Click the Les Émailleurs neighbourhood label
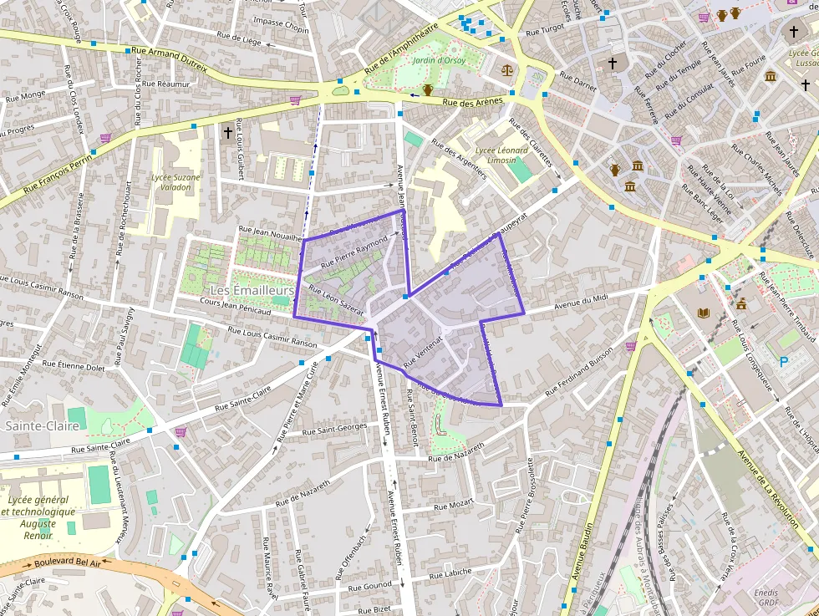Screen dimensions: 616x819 click(x=252, y=290)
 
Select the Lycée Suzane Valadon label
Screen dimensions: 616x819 click(x=175, y=182)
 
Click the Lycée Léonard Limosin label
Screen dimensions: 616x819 click(x=501, y=155)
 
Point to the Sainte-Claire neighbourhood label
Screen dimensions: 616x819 click(x=42, y=425)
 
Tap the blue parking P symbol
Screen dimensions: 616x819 click(x=783, y=362)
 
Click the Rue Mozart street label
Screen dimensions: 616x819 click(x=454, y=505)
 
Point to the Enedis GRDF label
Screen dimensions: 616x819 click(x=766, y=597)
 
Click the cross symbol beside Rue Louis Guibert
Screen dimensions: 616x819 click(x=227, y=132)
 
